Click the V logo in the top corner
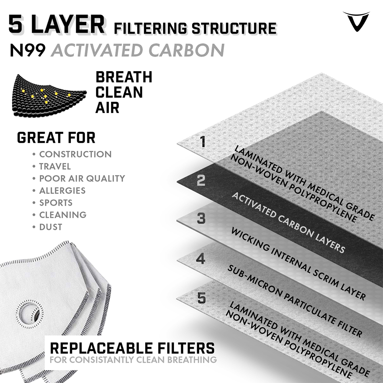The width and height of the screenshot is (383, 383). coord(356,21)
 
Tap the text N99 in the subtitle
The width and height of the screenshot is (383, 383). coord(28,50)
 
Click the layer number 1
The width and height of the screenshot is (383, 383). coord(203,142)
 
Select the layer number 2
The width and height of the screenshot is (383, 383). coord(201,180)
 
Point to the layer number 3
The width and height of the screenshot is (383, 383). coord(201,218)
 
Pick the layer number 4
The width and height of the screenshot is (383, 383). coord(201,259)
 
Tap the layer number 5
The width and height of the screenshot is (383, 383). coord(201,298)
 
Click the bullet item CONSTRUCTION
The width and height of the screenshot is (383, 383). coord(75,154)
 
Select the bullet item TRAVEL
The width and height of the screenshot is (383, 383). coord(55,166)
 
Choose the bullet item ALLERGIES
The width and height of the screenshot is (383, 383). coord(62,190)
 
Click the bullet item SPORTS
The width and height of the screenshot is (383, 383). coord(56,203)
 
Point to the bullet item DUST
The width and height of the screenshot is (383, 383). coord(51,227)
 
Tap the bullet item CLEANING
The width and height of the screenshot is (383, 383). coord(63,215)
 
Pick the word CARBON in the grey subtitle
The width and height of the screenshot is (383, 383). coord(187,50)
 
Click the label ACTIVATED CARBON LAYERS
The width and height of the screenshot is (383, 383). coord(288,222)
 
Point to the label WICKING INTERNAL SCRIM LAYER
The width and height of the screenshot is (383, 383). coord(298,264)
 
